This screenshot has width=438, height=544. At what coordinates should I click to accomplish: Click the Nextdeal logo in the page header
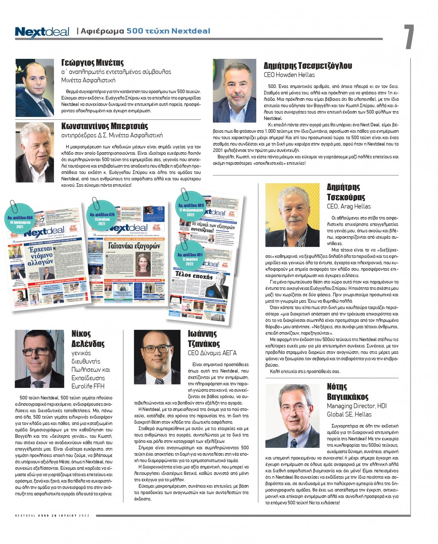(42, 32)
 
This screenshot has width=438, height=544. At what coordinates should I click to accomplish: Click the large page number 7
(409, 37)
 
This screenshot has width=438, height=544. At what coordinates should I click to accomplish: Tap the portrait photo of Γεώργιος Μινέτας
(35, 88)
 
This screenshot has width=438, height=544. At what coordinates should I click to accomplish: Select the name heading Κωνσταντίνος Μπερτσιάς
(105, 126)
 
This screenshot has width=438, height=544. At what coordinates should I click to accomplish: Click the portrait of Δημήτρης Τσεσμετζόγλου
(234, 91)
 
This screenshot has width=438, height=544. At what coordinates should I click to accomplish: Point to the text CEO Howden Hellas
(289, 75)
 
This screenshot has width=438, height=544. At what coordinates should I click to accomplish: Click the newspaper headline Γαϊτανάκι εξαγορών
(134, 245)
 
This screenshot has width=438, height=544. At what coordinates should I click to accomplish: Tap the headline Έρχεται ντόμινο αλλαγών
(40, 255)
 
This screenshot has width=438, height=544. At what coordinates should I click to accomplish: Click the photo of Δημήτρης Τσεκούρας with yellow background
(292, 215)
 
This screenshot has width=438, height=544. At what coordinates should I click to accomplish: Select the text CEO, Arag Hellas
(349, 206)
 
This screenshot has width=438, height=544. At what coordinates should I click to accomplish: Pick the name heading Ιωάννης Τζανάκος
(204, 339)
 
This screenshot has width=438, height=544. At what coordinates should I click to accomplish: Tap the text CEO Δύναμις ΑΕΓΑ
(212, 353)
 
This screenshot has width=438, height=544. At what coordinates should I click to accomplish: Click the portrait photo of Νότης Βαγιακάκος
(292, 411)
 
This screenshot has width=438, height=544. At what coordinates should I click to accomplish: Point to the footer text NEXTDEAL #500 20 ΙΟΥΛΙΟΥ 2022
(52, 515)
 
